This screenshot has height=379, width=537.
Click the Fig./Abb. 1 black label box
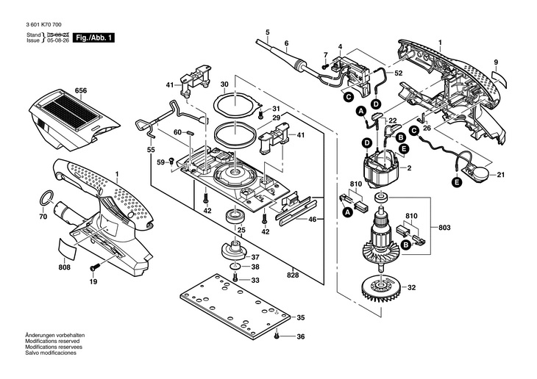93,37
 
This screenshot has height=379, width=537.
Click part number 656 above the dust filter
81,90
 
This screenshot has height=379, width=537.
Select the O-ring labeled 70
47,198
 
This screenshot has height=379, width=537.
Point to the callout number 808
65,267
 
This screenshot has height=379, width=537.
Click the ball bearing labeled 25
235,216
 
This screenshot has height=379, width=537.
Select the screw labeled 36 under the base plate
277,336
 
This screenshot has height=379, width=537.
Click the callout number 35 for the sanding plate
300,318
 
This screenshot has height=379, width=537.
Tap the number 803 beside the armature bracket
444,228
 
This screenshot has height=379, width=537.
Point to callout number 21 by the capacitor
501,175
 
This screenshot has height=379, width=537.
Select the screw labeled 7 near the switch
324,66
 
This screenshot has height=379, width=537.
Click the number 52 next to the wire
398,73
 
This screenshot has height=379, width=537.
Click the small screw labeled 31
261,114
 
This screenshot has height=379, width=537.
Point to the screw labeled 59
172,160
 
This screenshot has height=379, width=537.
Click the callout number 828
294,275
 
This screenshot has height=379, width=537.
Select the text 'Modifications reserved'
52,341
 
